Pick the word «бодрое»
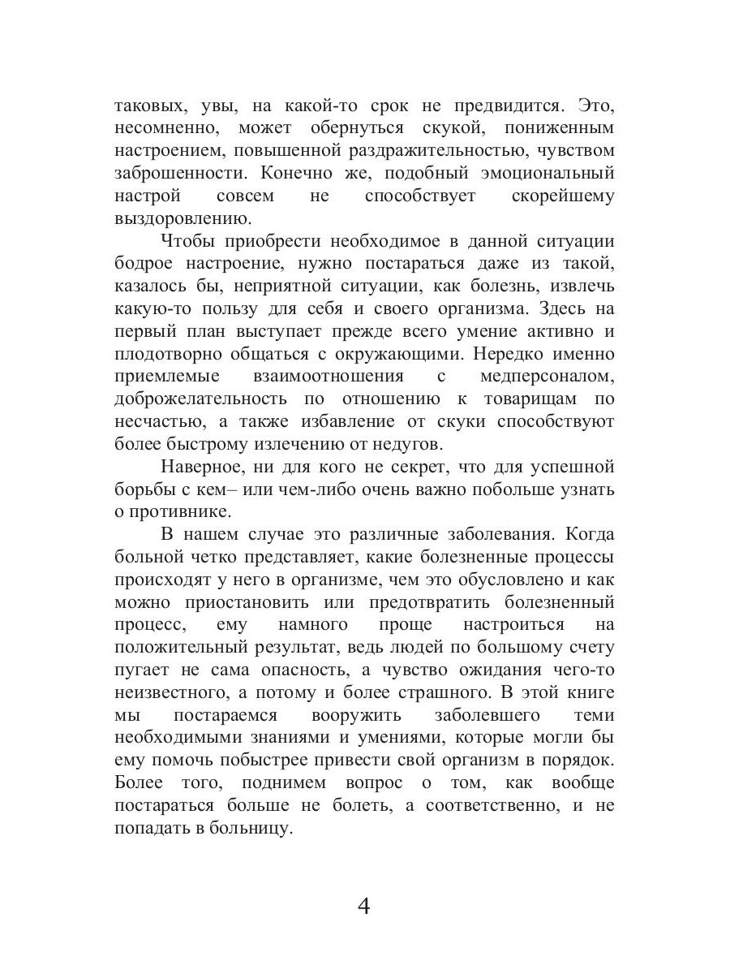pos(146,265)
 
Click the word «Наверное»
pos(201,467)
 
